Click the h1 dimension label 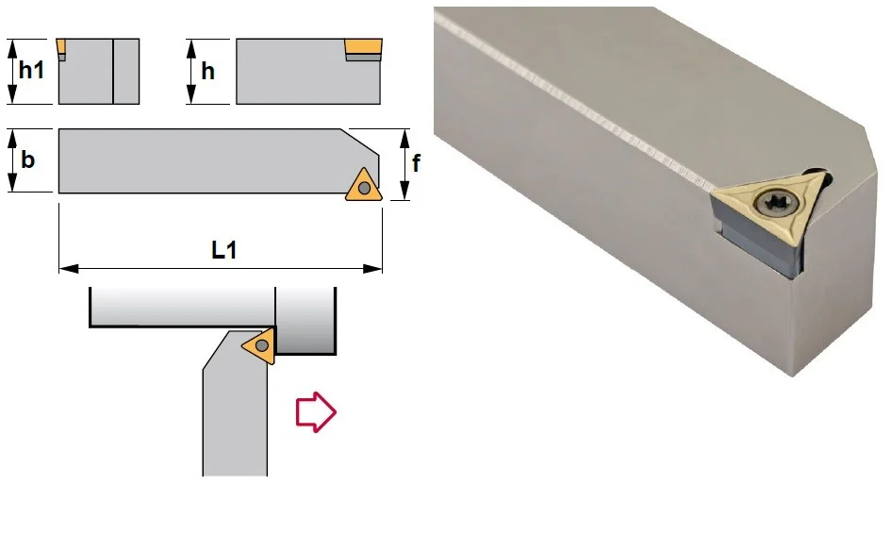pos(31,70)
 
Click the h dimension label pos(208,71)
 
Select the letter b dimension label pos(27,159)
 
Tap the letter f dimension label pos(416,162)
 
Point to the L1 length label pos(223,250)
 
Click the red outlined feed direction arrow pos(316,412)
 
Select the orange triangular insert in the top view pos(364,186)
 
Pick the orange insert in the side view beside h pos(363,46)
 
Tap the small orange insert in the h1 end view pos(60,45)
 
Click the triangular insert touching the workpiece pos(261,345)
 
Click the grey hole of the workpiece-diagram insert pos(262,345)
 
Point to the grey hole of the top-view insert pos(364,188)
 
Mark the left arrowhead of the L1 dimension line pos(68,269)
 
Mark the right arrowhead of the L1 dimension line pos(372,269)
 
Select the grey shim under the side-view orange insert pos(363,58)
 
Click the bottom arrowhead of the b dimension pos(12,183)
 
